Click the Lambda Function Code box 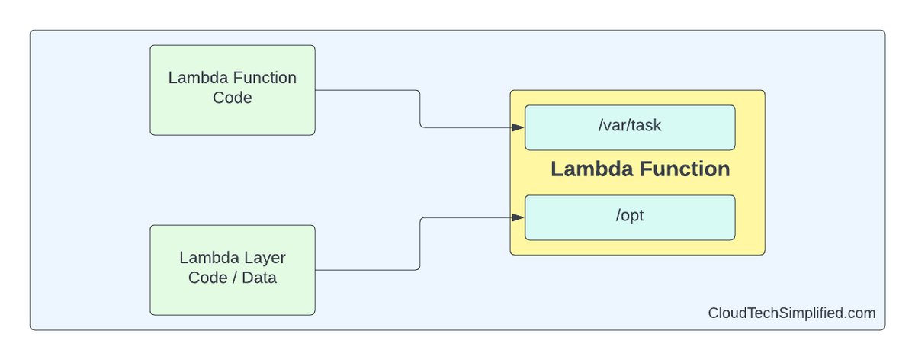[233, 90]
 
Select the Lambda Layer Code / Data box [233, 269]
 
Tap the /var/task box [630, 127]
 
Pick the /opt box [630, 217]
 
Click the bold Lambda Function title [640, 169]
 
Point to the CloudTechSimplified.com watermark [791, 313]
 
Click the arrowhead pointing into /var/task [518, 127]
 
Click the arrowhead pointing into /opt [518, 217]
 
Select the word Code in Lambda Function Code [233, 98]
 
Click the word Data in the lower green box [259, 278]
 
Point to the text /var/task [630, 126]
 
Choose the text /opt [630, 217]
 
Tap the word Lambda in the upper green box [194, 79]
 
